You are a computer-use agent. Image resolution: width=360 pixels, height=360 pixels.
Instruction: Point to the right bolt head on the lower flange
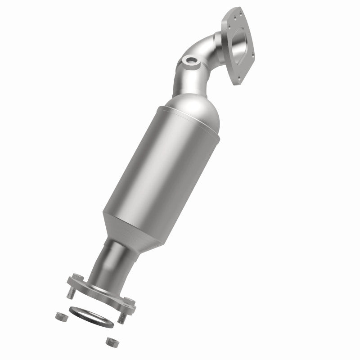(x=129, y=300)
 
